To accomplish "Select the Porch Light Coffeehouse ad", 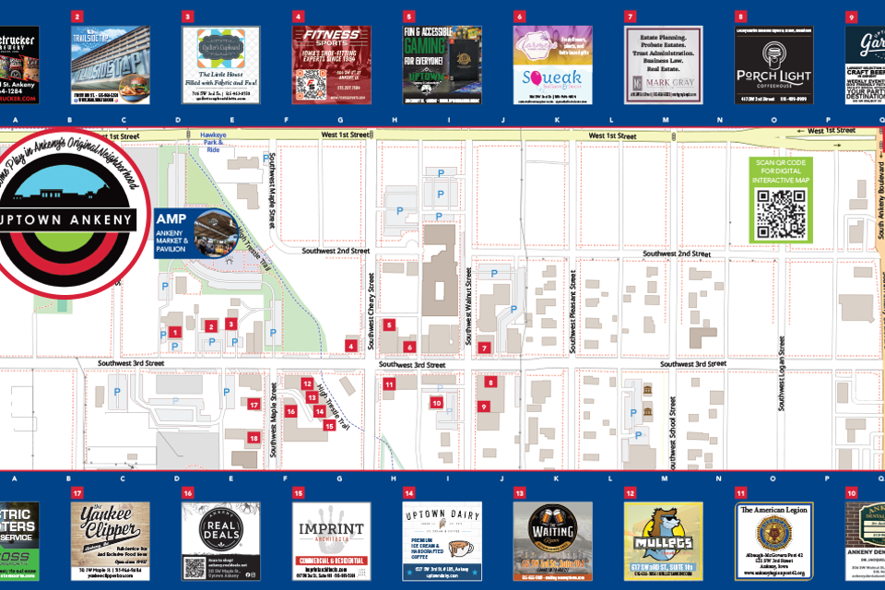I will pos(773,65).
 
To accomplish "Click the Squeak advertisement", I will pos(551,65).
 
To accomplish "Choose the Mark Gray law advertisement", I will pos(664,65).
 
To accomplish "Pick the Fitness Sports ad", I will pos(332,65).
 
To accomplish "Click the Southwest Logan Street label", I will pos(781,374).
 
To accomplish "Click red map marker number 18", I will pos(254,439).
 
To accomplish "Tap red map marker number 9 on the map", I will pos(483,406).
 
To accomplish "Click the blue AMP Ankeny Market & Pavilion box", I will pos(196,232).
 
